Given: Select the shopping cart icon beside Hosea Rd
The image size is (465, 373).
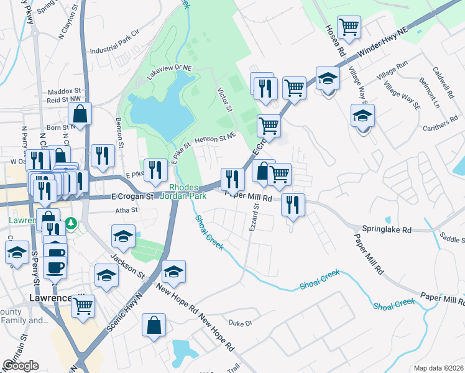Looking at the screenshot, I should (349, 27).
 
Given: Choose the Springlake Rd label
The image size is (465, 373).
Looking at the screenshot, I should (389, 229).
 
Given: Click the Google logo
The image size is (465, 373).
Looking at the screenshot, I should (21, 366).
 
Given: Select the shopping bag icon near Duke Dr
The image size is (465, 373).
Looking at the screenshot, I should (154, 325).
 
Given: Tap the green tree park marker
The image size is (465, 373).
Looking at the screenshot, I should (72, 222).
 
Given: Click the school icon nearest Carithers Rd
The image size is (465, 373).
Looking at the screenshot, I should (363, 116).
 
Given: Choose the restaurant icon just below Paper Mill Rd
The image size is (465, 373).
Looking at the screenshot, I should (292, 204).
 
